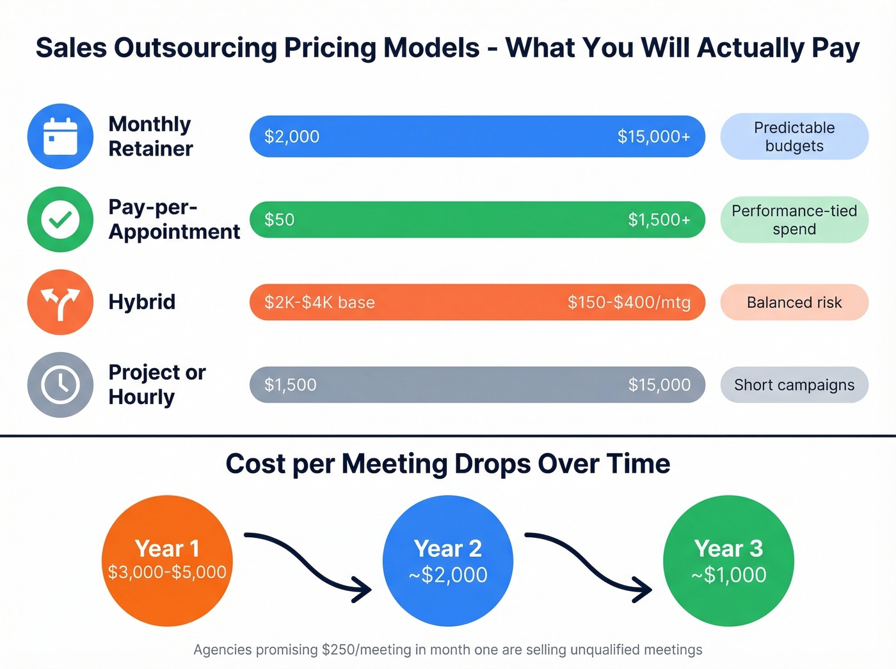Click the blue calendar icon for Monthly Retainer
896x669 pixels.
tap(60, 136)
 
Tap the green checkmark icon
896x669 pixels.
tap(60, 220)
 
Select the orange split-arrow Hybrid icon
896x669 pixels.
tap(60, 302)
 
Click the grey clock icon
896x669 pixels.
tap(60, 385)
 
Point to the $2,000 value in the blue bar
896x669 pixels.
tap(292, 136)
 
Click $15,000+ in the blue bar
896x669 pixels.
tap(653, 136)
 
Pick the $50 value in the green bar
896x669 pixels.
tap(280, 220)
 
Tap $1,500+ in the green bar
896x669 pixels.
tap(659, 220)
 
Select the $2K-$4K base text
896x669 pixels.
tap(319, 302)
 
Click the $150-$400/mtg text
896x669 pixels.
tap(628, 302)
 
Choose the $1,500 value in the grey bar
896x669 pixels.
tap(291, 385)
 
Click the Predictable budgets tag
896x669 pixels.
tap(794, 136)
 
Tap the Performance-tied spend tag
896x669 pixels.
tap(794, 220)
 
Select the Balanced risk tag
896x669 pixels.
tap(794, 302)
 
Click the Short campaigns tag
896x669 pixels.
tap(794, 385)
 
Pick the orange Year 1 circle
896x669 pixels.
tap(167, 560)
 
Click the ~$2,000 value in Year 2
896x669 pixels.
tap(448, 575)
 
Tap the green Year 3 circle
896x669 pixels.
tap(728, 560)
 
